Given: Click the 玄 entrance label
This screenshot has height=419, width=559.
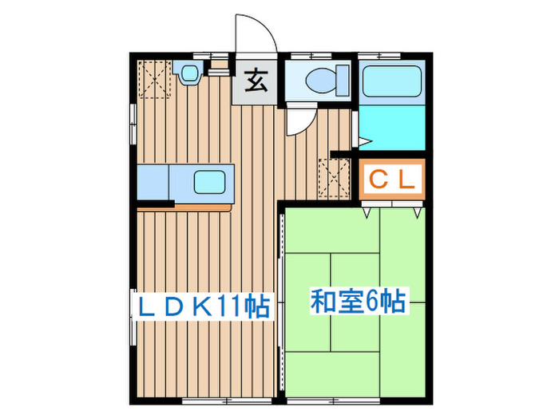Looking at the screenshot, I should (x=256, y=81).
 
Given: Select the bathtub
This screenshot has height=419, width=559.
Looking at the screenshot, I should (x=393, y=82).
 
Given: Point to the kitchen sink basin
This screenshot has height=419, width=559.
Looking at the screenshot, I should (x=209, y=183).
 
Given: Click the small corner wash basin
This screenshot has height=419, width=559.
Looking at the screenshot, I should (x=189, y=74).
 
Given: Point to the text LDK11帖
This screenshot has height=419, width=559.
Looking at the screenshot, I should (x=203, y=306).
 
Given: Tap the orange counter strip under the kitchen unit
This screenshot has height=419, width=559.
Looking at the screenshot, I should (x=202, y=205).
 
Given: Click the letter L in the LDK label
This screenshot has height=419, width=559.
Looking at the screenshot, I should (x=147, y=306).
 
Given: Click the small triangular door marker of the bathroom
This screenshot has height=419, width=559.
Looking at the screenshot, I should (x=363, y=141).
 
